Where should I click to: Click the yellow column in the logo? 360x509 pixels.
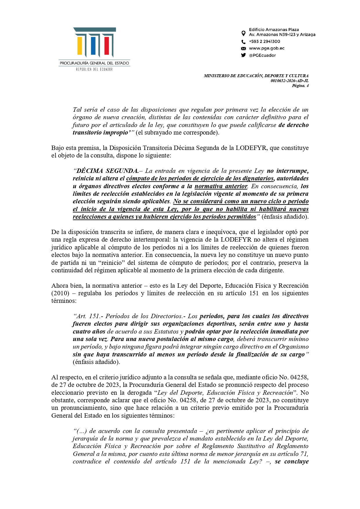click(79, 46)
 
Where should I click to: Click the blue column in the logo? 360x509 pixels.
click(93, 46)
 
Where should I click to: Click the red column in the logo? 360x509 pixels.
click(106, 46)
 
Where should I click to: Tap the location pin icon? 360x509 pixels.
click(243, 33)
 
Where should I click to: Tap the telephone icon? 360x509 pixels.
click(243, 42)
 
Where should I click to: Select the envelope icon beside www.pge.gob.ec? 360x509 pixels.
click(243, 48)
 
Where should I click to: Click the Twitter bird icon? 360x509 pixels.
click(243, 55)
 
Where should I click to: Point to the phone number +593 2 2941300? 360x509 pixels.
click(264, 41)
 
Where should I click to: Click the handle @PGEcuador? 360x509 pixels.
click(262, 55)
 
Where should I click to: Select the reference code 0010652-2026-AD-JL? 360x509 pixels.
click(290, 81)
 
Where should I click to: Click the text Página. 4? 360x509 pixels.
click(300, 86)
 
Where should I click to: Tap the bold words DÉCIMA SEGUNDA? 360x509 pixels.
click(107, 171)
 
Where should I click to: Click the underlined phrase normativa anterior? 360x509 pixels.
click(221, 186)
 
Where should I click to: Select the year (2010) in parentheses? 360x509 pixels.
click(60, 293)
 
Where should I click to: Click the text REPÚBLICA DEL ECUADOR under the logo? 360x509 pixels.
click(94, 69)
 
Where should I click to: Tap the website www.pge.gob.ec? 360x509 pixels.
click(267, 48)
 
